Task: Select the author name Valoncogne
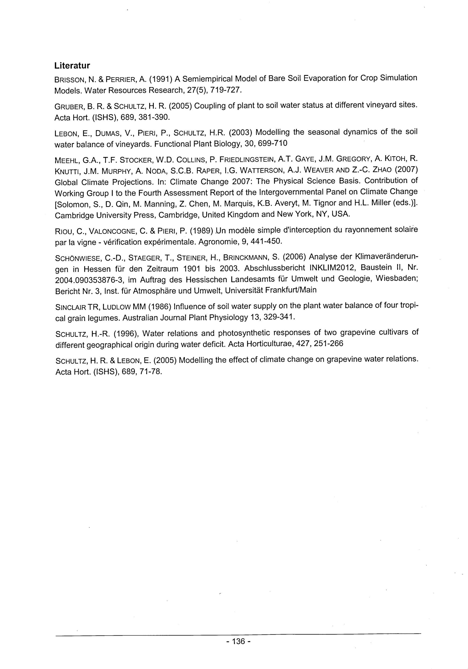pyautogui.click(x=112, y=231)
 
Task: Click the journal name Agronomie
pyautogui.click(x=216, y=242)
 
